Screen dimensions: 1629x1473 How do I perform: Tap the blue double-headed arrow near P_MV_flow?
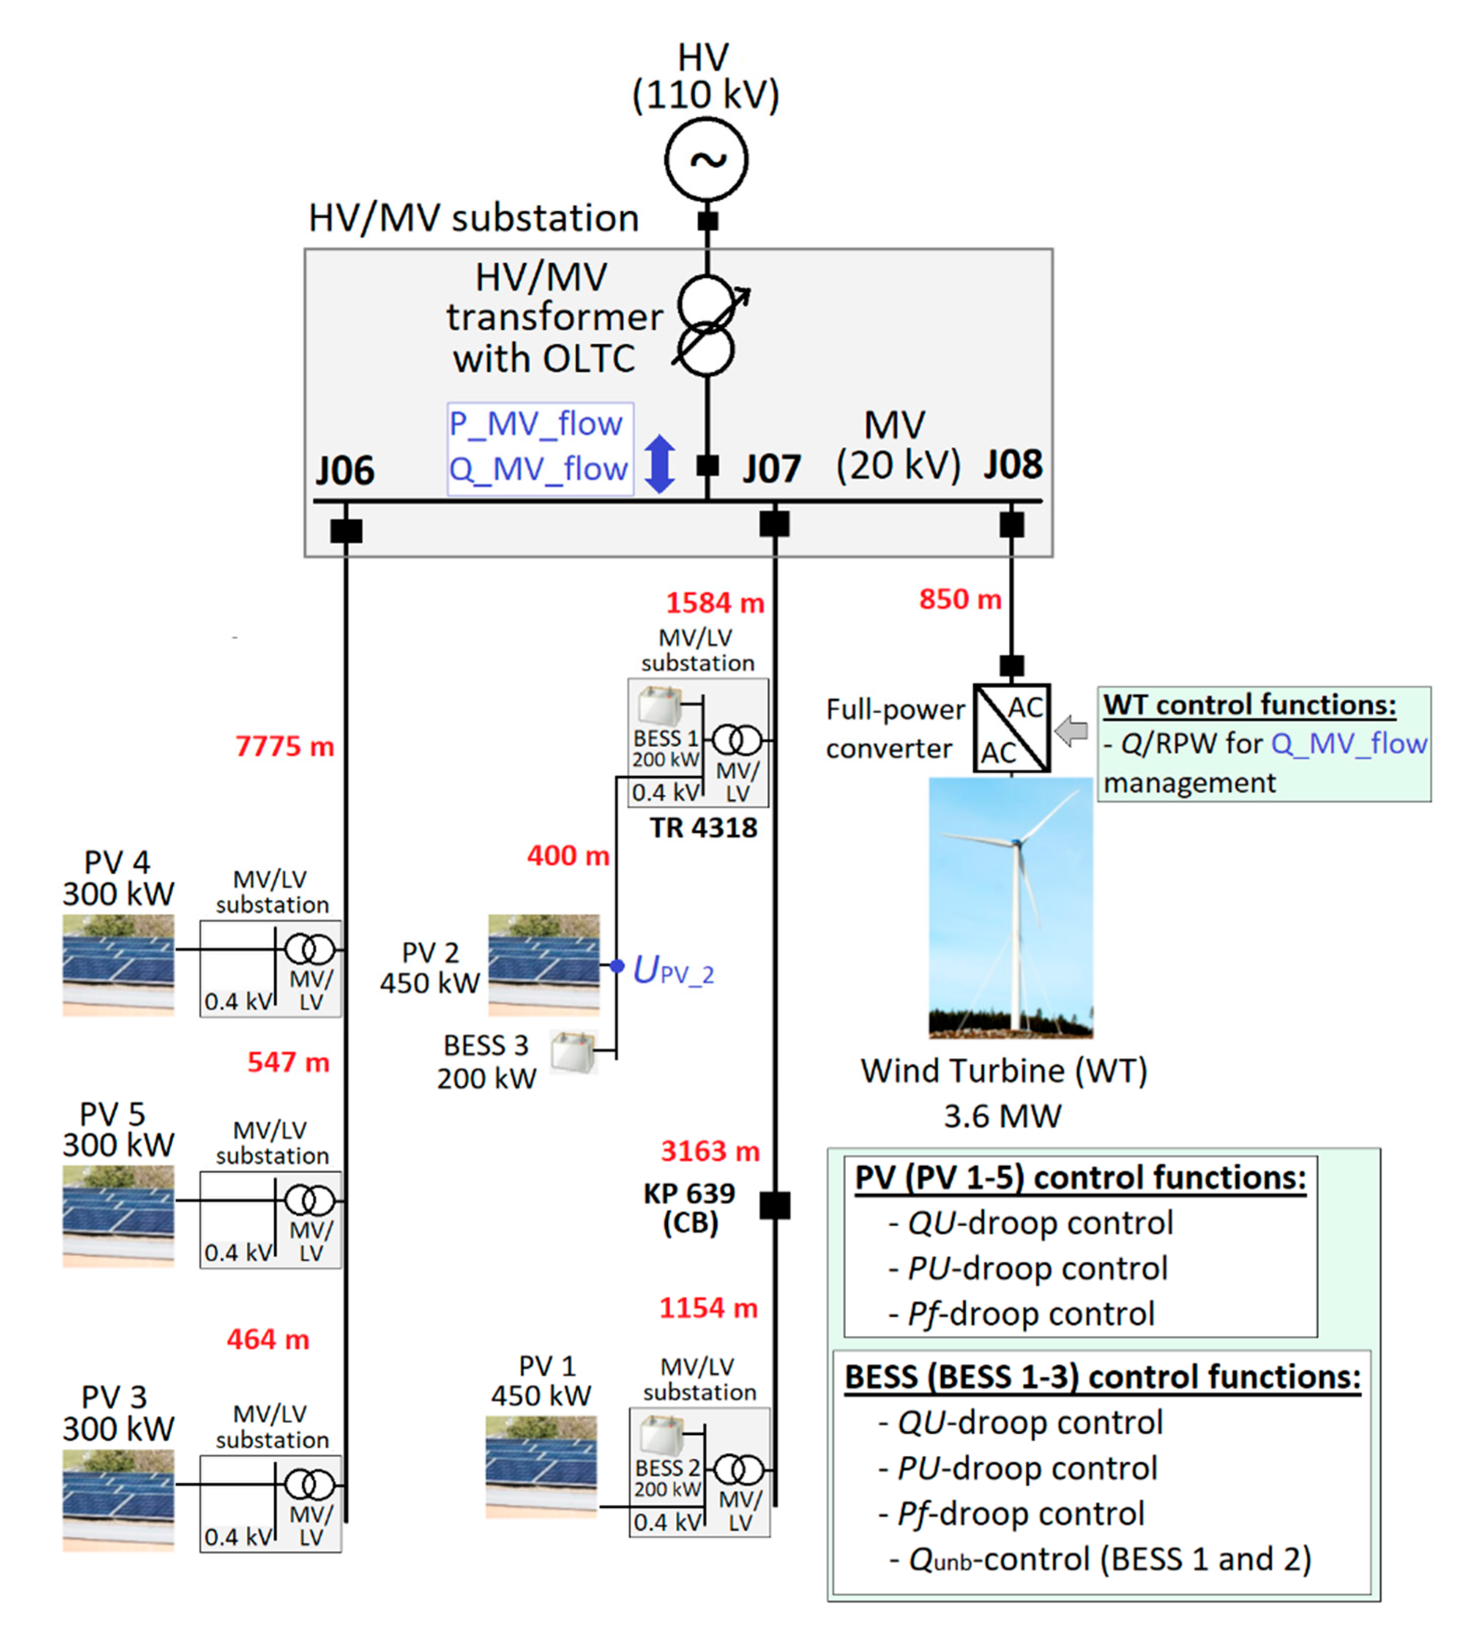[660, 464]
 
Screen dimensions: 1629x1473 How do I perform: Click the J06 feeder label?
[345, 471]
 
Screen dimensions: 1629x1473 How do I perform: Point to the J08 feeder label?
[1012, 464]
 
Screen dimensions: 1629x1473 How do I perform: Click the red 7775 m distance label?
[284, 746]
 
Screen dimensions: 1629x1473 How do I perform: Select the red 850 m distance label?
[959, 599]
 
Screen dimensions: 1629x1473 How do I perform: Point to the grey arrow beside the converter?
[1072, 731]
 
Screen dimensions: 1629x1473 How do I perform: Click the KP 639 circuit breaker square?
[774, 1206]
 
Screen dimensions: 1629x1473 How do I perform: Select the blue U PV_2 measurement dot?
[616, 966]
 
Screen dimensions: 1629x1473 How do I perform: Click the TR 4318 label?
[704, 828]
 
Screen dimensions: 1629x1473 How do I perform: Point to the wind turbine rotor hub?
[1016, 843]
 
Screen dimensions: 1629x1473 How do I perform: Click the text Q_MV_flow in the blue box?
[538, 469]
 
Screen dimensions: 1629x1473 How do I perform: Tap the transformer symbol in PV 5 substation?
[309, 1200]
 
